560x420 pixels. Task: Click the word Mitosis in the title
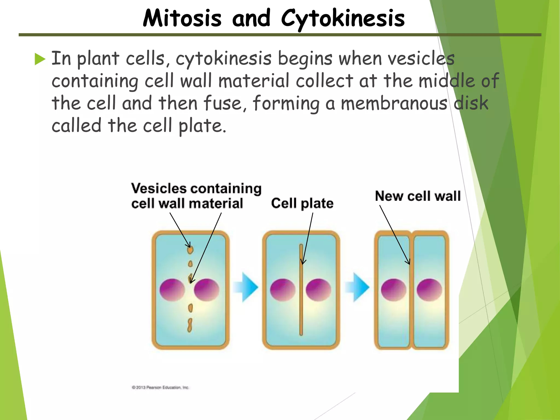(182, 19)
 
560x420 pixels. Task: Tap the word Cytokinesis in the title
(343, 19)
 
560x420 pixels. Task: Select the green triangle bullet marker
(40, 59)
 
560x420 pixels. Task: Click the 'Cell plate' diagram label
(302, 203)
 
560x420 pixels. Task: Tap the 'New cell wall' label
(418, 196)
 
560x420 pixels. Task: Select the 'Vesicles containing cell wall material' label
(196, 196)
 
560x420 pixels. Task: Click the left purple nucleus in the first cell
(172, 290)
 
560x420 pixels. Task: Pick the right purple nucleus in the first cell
(207, 290)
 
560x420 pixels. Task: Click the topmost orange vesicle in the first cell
(190, 249)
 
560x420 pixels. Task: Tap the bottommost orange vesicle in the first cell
(189, 325)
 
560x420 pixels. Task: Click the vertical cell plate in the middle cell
(301, 301)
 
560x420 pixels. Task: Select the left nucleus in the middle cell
(283, 290)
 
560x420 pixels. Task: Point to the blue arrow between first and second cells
(246, 287)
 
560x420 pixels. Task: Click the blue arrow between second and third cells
(358, 287)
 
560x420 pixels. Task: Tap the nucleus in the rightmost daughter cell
(429, 290)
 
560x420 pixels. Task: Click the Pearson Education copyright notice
(160, 387)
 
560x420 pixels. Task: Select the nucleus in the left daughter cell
(393, 290)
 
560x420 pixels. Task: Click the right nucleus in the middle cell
(318, 290)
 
